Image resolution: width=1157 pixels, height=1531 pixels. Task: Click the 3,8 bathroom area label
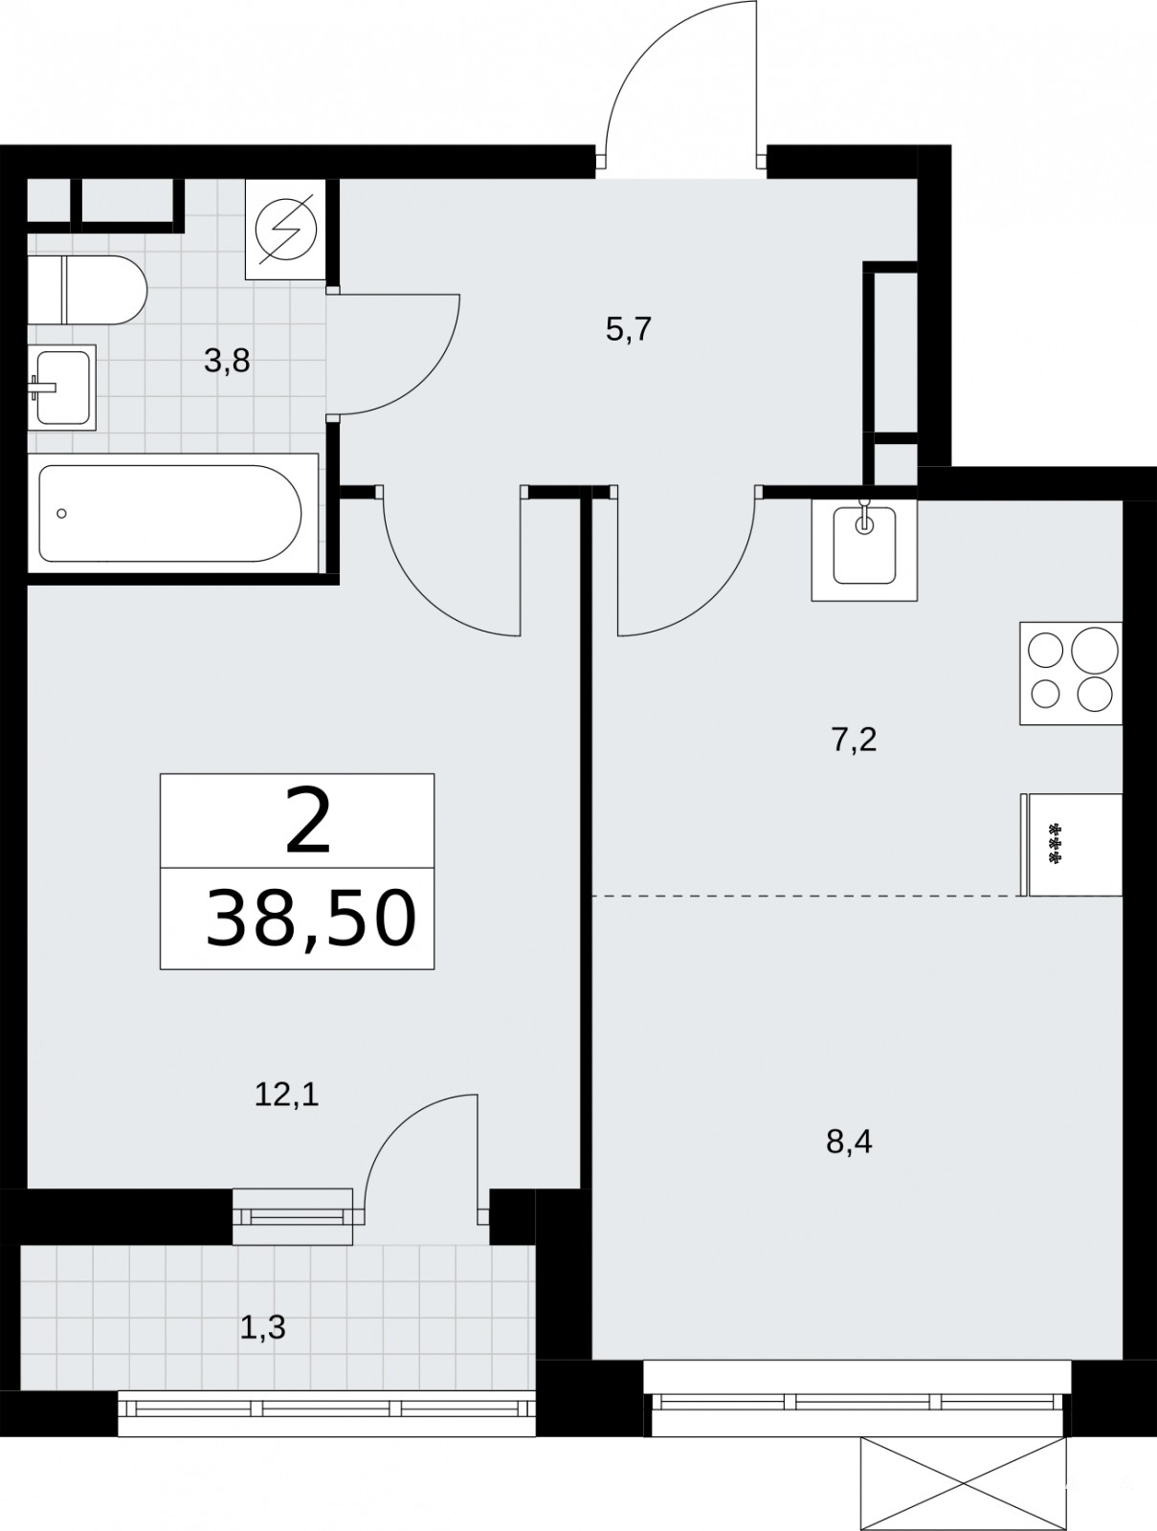click(227, 362)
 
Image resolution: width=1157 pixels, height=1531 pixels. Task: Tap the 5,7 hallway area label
click(629, 329)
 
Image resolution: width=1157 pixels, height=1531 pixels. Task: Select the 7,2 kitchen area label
click(854, 740)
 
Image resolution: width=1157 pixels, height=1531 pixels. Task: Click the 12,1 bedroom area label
click(287, 1095)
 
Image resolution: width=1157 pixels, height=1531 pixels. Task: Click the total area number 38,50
click(311, 919)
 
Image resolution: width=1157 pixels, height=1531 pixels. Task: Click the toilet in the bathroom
click(87, 290)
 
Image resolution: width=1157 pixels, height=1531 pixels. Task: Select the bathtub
click(172, 513)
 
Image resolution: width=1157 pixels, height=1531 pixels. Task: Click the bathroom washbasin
click(62, 388)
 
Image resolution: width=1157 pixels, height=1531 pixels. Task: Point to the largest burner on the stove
click(1095, 650)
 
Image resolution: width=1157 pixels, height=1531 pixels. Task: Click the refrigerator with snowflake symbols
click(1073, 844)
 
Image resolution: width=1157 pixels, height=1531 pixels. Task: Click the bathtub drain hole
click(62, 513)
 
